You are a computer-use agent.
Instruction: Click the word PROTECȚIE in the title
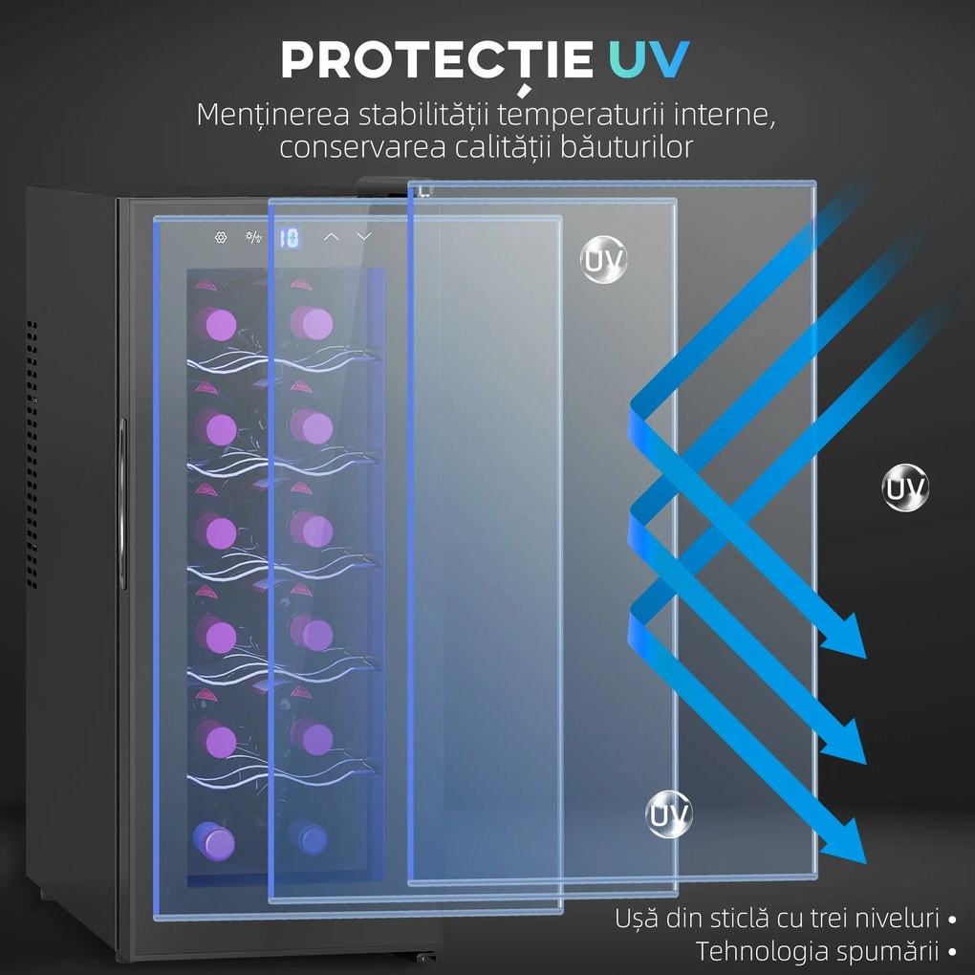coord(437,61)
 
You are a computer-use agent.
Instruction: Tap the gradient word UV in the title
coord(648,59)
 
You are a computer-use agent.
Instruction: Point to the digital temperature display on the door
coord(289,237)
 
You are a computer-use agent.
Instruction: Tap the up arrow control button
coord(332,237)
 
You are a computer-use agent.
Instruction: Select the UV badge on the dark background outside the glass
coord(905,487)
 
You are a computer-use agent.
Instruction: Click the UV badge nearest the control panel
coord(603,260)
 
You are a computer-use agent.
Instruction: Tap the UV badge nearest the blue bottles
coord(669,814)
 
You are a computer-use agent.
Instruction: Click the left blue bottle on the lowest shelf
coord(213,841)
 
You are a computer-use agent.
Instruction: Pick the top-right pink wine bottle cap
coord(312,323)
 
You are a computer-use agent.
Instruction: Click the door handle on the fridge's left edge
coord(122,504)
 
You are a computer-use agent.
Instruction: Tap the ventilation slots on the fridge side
coord(32,454)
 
